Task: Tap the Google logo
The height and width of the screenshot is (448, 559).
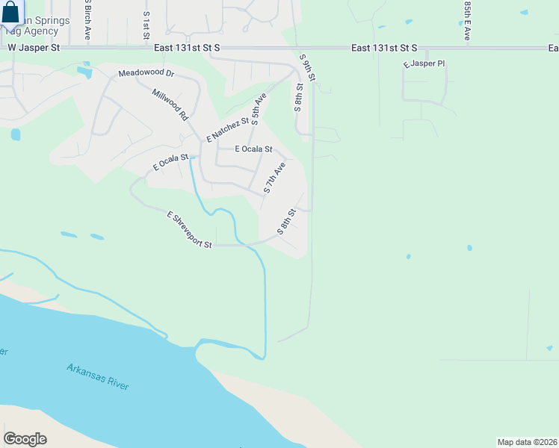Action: [25, 439]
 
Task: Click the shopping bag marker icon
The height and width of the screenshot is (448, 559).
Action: [10, 13]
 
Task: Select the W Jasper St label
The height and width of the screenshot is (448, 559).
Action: [33, 47]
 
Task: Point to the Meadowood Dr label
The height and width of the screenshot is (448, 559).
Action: [146, 74]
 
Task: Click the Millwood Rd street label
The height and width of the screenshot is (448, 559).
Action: [169, 105]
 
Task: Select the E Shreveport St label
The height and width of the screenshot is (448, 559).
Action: [190, 230]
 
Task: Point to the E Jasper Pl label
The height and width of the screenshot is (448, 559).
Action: [424, 64]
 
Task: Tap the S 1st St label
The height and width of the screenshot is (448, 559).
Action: [146, 25]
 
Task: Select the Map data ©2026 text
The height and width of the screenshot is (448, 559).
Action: [528, 441]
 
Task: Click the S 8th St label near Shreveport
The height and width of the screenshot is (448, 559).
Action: [287, 222]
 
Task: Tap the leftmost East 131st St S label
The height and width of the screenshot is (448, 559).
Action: [187, 47]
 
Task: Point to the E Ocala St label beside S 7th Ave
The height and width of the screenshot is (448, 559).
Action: [253, 149]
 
